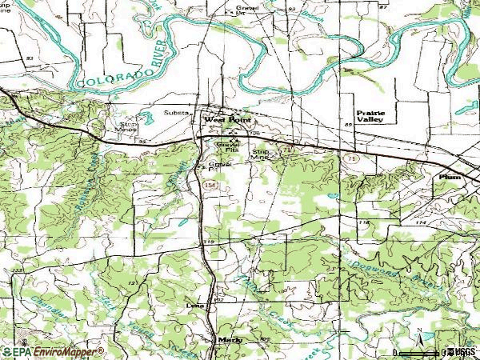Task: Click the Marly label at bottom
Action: point(229,339)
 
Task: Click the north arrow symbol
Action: point(418,339)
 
